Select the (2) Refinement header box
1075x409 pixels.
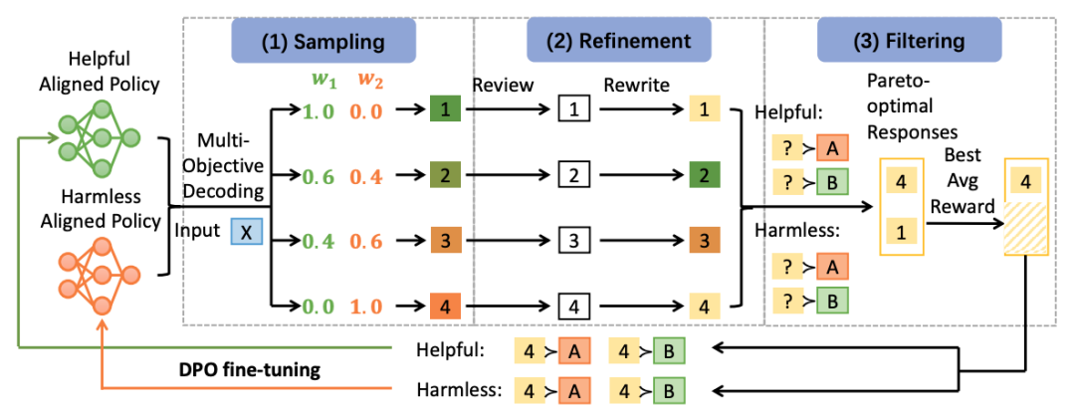click(x=618, y=41)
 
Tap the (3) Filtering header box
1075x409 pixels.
click(x=909, y=41)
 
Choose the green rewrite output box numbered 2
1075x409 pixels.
click(x=702, y=177)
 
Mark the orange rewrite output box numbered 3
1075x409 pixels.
click(x=702, y=241)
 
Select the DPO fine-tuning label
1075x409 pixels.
click(x=246, y=370)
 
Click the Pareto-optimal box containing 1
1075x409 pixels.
click(x=901, y=233)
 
